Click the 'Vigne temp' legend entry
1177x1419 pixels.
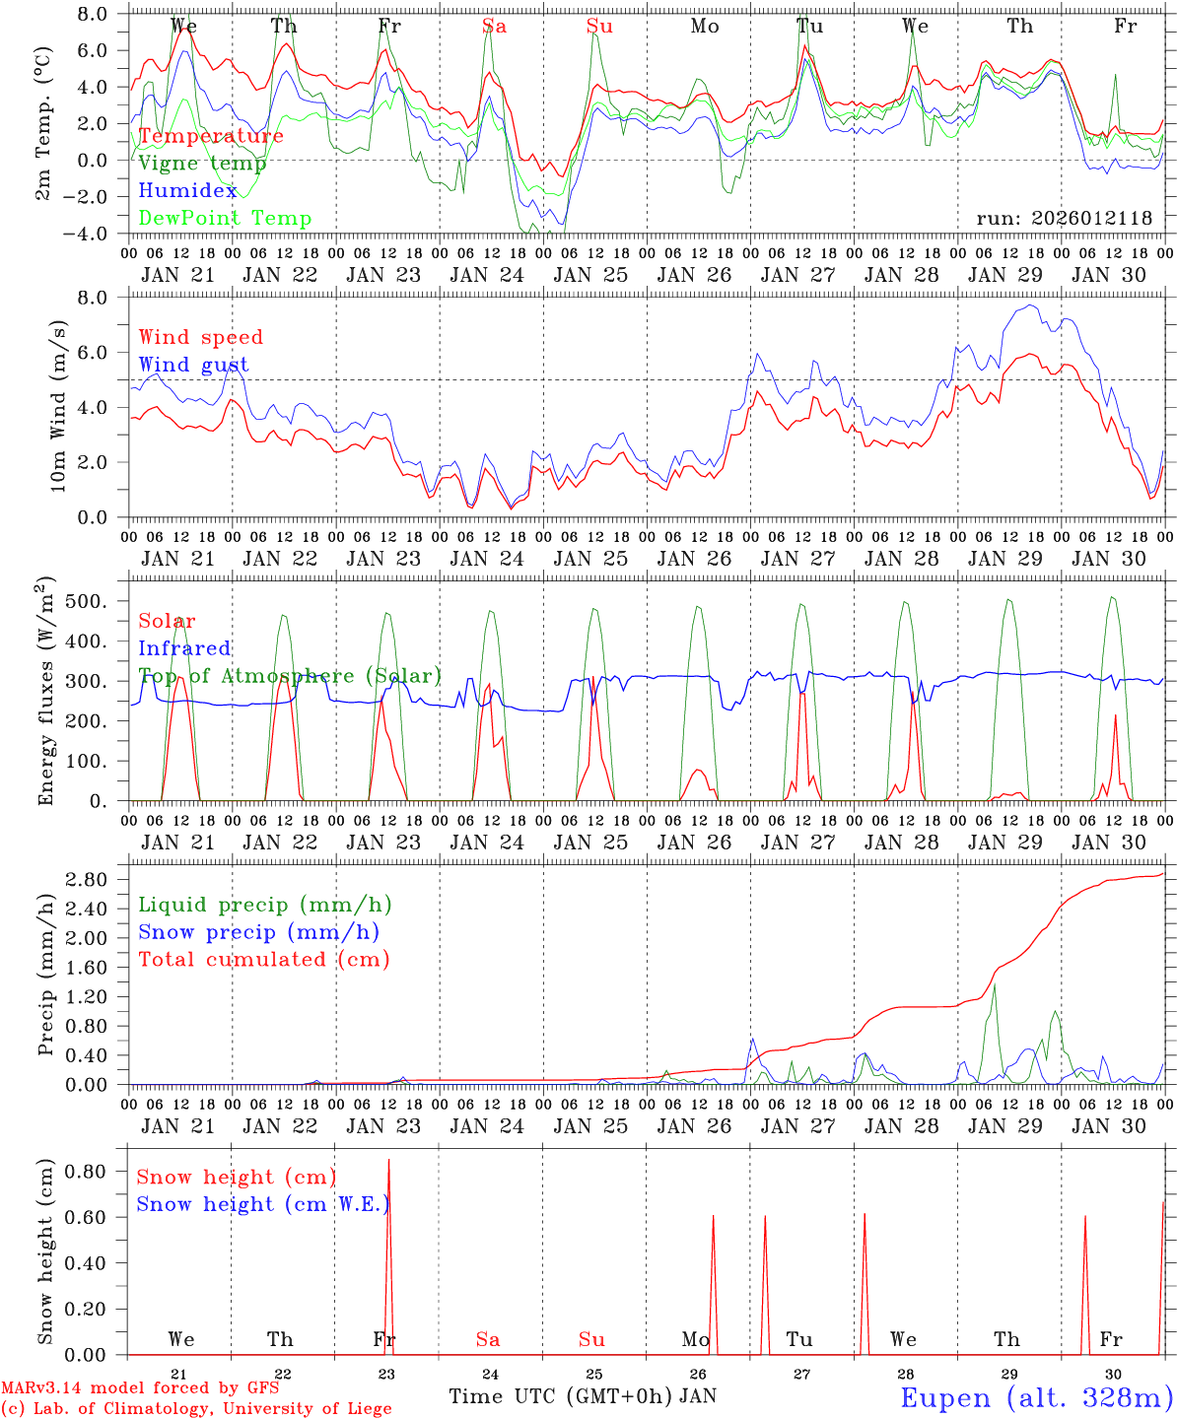tap(202, 164)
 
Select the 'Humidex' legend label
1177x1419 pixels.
tap(188, 191)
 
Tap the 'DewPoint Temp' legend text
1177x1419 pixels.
tap(225, 219)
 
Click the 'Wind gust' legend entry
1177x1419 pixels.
tap(193, 365)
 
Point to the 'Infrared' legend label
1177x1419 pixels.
tap(184, 648)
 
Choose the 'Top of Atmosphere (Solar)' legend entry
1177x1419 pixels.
tap(290, 676)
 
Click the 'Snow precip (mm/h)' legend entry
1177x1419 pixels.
tap(258, 932)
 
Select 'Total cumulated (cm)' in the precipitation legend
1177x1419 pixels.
tap(263, 960)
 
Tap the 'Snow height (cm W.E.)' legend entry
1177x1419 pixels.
tap(262, 1204)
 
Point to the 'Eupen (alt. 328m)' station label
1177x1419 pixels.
tap(1036, 1397)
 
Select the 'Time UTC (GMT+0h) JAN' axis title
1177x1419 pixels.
tap(583, 1396)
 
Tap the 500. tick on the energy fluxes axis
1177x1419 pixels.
tap(96, 601)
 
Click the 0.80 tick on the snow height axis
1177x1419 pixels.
tap(88, 1172)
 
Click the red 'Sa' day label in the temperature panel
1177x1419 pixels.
tap(495, 27)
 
